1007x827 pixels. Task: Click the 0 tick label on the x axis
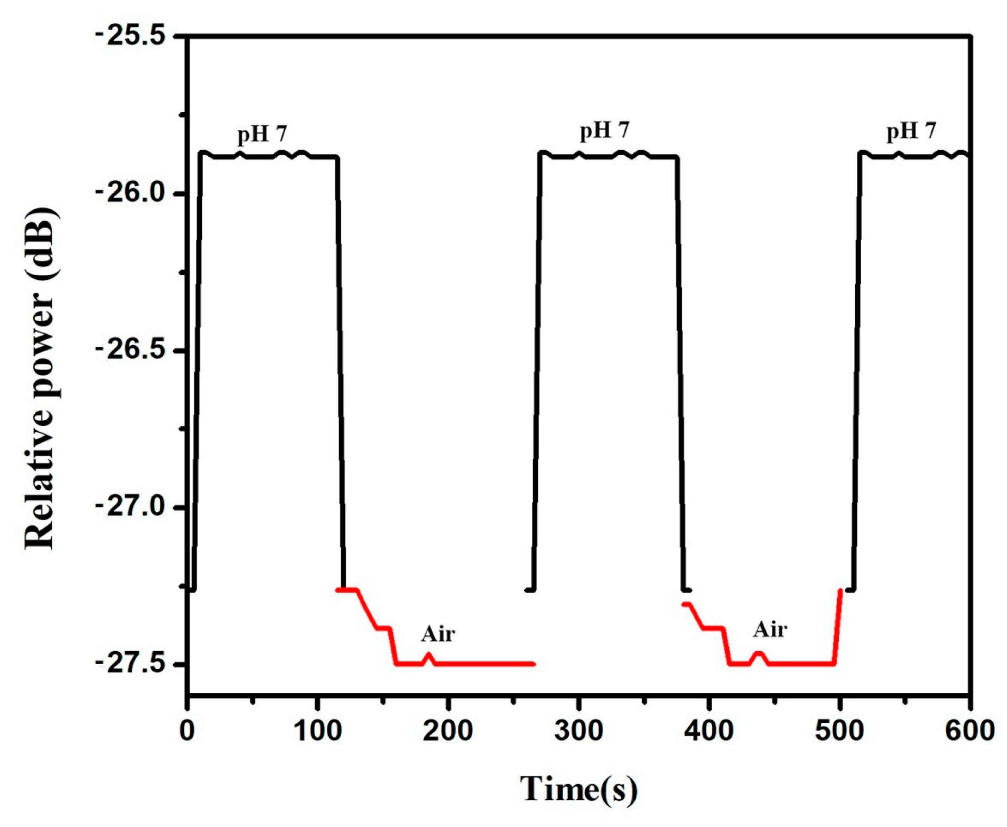[187, 730]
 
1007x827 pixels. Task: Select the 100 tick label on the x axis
[317, 730]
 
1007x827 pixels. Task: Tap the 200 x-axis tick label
[448, 730]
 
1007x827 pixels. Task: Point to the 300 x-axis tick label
[579, 730]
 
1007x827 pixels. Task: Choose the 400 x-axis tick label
[709, 730]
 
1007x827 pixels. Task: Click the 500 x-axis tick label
[839, 730]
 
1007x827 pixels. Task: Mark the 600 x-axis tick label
[969, 730]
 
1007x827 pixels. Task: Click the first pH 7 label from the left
[262, 134]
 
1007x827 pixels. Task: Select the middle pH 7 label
[604, 131]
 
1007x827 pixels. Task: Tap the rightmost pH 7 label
[911, 131]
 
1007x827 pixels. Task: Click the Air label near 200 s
[438, 634]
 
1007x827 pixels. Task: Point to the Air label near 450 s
[770, 630]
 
